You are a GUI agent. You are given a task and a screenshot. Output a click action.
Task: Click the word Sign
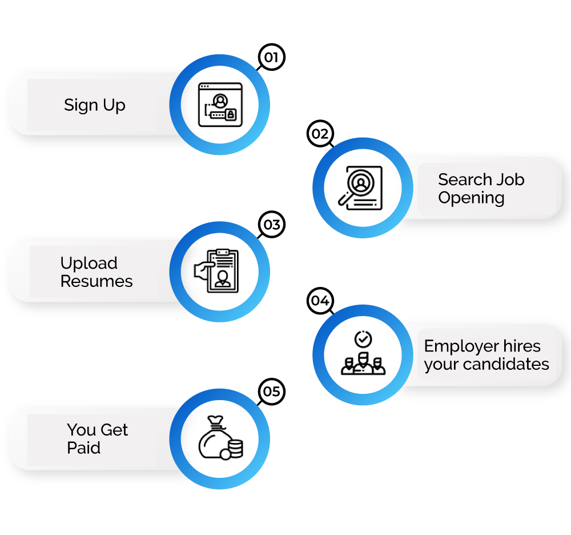(81, 106)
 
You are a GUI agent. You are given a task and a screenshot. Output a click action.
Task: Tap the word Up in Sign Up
(114, 106)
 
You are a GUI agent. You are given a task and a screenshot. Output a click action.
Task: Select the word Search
(461, 179)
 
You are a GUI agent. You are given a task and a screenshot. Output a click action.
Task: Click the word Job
(510, 179)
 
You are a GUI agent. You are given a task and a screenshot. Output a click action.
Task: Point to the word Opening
(471, 198)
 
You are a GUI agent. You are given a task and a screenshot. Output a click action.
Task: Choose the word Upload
(89, 263)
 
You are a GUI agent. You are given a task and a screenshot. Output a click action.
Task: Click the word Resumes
(96, 281)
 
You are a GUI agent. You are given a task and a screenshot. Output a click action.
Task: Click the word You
(81, 430)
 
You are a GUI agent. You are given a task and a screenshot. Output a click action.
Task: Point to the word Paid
(83, 448)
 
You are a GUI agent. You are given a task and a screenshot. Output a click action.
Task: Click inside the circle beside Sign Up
(219, 105)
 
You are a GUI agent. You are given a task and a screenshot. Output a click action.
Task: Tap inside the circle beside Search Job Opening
(363, 187)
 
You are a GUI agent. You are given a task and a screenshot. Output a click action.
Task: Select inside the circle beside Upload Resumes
(219, 272)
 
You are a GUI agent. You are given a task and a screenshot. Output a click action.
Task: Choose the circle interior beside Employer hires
(363, 354)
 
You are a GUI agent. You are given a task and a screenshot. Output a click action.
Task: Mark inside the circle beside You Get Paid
(219, 438)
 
